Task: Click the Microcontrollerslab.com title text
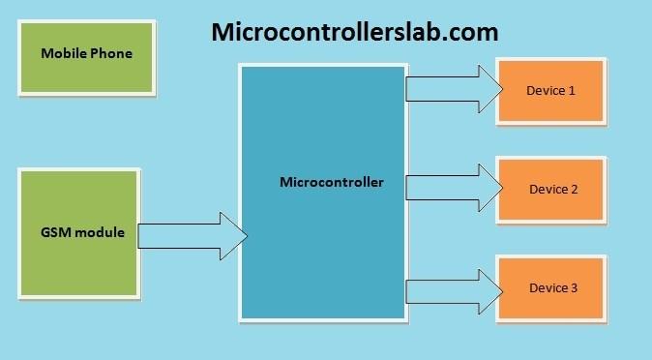point(355,32)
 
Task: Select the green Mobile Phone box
point(86,57)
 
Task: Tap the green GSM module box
point(79,233)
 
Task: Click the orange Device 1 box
point(551,91)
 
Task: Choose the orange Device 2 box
point(551,190)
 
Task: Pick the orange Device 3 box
point(551,288)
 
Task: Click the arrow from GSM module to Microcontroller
point(193,236)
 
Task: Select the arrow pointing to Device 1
point(454,89)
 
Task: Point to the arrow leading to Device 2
point(454,188)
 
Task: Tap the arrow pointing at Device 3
point(454,291)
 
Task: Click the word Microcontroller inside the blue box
point(332,182)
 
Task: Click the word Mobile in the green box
point(64,53)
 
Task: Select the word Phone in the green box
point(111,53)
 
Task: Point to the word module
point(98,232)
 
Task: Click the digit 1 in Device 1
point(572,91)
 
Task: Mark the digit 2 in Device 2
point(575,190)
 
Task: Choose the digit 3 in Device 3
point(575,288)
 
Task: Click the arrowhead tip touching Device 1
point(503,89)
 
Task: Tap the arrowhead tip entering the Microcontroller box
point(248,236)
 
